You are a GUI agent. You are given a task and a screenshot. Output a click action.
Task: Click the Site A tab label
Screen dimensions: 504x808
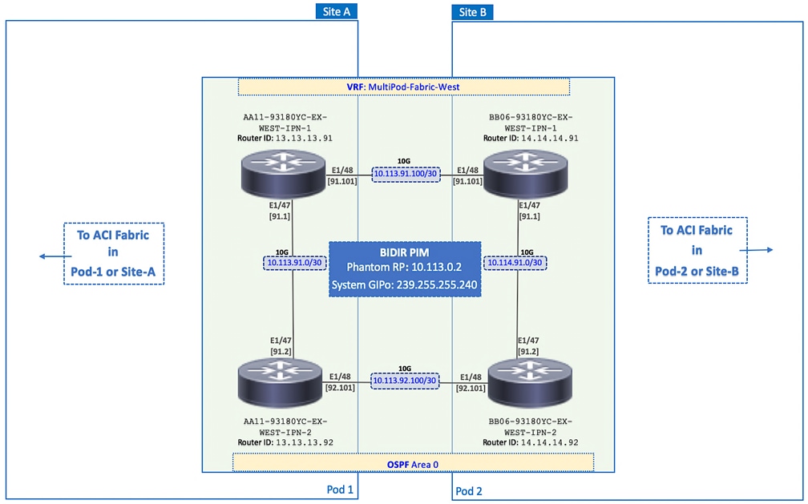[337, 11]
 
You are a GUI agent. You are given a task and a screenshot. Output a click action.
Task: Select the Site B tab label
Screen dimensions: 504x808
[473, 11]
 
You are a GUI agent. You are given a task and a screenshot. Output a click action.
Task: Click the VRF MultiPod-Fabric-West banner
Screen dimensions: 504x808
[403, 87]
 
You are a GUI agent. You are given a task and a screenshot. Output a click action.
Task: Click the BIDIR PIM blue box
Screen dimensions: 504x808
[405, 268]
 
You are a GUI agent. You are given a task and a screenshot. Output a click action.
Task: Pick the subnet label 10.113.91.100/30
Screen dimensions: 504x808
[406, 174]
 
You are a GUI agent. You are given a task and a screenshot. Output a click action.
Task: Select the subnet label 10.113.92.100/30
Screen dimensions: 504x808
[405, 381]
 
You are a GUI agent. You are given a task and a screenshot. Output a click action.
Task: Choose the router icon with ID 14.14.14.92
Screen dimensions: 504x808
[530, 381]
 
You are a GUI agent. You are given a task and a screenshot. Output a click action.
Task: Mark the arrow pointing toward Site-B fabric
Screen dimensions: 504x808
[761, 250]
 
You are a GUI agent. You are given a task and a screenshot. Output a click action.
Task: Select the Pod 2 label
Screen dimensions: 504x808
[469, 490]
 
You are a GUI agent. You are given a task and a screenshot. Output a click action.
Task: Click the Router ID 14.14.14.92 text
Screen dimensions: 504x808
[531, 442]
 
